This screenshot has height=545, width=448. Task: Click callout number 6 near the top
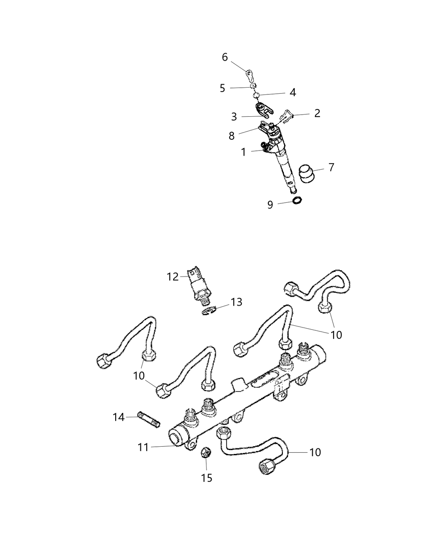click(x=225, y=57)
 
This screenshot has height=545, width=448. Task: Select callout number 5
click(x=222, y=88)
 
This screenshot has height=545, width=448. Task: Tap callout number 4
click(x=293, y=92)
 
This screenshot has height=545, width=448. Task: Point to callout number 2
click(x=317, y=113)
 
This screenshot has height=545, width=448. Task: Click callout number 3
click(x=234, y=116)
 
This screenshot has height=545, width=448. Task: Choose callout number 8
click(x=232, y=136)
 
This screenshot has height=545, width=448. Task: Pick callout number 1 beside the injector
click(x=243, y=152)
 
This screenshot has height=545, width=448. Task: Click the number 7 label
click(x=331, y=167)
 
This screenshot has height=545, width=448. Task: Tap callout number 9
click(x=270, y=205)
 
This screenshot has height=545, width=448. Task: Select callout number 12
click(x=172, y=277)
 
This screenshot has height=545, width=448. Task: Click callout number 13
click(x=236, y=302)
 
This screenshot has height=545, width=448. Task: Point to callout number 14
click(x=118, y=417)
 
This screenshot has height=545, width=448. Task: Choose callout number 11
click(x=143, y=448)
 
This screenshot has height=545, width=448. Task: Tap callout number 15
click(x=207, y=477)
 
